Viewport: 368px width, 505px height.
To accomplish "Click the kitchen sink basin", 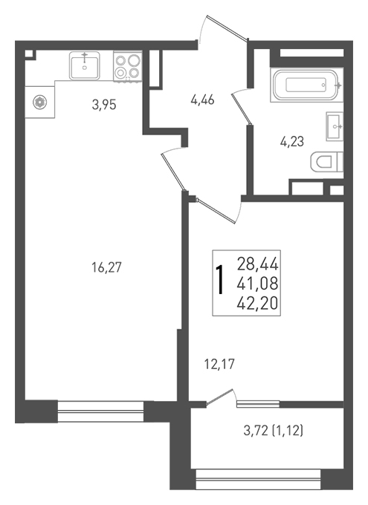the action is point(85,66).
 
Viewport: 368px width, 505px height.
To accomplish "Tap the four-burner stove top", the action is point(128,66).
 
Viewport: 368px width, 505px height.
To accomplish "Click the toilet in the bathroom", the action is point(326,162).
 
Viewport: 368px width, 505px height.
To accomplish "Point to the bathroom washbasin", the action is point(335,126).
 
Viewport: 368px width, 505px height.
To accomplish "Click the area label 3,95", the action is point(104,105).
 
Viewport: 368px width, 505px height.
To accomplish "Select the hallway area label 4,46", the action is point(202,100).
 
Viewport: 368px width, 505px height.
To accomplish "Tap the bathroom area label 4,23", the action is point(292,142).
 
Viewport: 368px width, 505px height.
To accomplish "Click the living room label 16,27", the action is point(107,267).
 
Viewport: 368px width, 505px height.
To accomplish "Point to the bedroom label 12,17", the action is point(219,365).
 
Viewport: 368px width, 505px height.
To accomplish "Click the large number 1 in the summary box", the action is point(221,280).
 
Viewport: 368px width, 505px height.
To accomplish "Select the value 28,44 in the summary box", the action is point(257,264).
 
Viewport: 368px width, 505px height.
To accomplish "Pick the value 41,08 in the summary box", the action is point(257,284).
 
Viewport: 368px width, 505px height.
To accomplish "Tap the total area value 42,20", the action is point(257,304).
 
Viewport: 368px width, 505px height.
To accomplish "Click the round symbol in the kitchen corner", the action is point(39,102).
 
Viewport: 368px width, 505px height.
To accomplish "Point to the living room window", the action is point(100,411).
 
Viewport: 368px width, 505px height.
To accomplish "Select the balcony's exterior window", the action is point(258,479).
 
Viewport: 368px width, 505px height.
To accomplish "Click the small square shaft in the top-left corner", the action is point(30,54).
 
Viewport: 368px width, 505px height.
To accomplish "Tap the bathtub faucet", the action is point(338,85).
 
